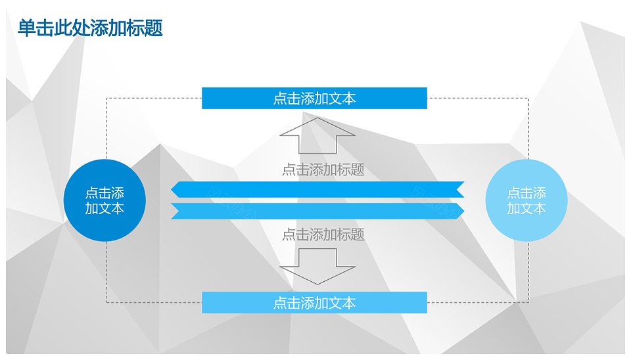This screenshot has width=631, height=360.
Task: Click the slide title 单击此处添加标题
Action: [90, 28]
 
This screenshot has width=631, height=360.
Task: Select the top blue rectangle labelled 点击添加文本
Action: [314, 98]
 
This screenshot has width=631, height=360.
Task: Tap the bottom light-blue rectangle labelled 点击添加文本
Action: [314, 302]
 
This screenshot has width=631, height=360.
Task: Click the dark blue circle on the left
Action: [105, 200]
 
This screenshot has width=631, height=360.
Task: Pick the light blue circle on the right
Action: [526, 200]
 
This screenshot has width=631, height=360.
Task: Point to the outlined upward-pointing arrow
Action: [317, 136]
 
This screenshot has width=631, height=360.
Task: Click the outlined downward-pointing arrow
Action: [317, 266]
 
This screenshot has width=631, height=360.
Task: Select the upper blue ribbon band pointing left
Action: [317, 189]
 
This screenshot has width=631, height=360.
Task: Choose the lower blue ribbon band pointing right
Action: [317, 211]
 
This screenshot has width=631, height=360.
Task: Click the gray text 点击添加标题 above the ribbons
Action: [323, 169]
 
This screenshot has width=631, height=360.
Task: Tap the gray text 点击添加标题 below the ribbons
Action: [323, 234]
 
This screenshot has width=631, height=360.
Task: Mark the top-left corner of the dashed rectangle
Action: [106, 98]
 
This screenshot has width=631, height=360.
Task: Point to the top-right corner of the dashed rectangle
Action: [528, 98]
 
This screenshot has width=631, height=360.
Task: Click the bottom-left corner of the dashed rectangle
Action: [106, 302]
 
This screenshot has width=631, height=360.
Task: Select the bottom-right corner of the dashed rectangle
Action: [528, 302]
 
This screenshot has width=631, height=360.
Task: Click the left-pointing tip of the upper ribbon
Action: [171, 189]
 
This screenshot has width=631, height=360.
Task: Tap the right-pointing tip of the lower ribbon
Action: [464, 211]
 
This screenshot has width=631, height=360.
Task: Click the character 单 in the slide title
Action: [26, 28]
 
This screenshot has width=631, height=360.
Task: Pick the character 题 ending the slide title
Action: [154, 28]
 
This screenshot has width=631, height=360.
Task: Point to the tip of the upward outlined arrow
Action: [317, 118]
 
